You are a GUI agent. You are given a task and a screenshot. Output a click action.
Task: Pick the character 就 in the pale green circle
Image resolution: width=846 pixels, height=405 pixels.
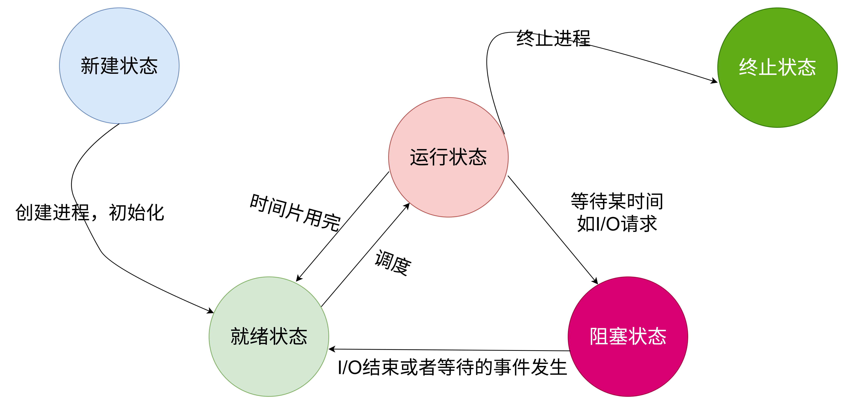pyautogui.click(x=240, y=336)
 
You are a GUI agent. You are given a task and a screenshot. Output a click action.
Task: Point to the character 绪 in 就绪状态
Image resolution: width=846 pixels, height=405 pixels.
pyautogui.click(x=259, y=336)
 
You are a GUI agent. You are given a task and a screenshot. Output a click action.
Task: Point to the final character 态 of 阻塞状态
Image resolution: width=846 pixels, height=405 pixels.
pyautogui.click(x=657, y=336)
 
